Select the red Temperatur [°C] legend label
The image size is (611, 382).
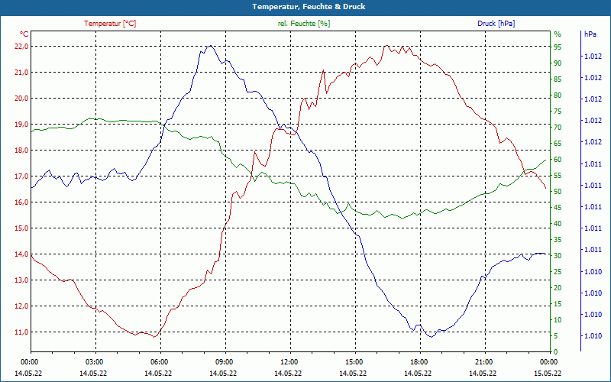[x=110, y=24]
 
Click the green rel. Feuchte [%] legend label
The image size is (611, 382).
[x=304, y=24]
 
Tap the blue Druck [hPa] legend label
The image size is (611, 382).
[x=496, y=24]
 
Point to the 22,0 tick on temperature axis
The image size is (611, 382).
[x=21, y=46]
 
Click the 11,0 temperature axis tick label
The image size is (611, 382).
[x=21, y=332]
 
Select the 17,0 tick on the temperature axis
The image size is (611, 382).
[x=21, y=176]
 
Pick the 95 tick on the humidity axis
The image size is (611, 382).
[x=558, y=47]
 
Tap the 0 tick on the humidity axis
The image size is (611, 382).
[x=555, y=351]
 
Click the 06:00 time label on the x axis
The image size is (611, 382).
[x=159, y=361]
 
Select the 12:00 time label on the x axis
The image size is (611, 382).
[x=289, y=361]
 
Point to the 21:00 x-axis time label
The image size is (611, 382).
[x=483, y=361]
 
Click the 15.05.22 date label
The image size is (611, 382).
[x=547, y=373]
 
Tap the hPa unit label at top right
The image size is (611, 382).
[x=590, y=34]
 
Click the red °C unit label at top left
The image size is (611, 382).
[x=24, y=34]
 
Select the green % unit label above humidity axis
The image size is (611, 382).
[x=558, y=34]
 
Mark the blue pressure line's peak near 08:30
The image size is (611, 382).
[x=209, y=46]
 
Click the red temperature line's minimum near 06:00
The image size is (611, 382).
[x=154, y=336]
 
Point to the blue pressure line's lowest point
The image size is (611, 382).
[x=431, y=336]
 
